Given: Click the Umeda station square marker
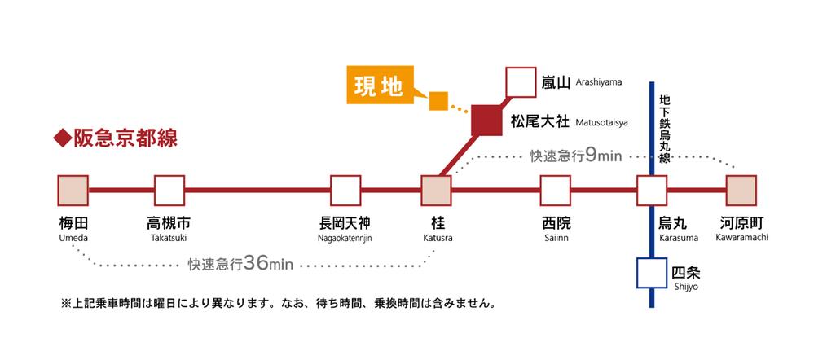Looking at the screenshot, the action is (x=73, y=191).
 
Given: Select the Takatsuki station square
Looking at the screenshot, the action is (x=169, y=191).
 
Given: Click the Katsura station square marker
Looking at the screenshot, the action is (x=436, y=191).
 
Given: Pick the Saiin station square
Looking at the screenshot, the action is (x=556, y=191).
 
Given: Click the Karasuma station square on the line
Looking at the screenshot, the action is (x=652, y=191).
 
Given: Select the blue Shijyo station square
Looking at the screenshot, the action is (x=652, y=274).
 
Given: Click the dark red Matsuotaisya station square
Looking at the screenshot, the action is (x=486, y=121).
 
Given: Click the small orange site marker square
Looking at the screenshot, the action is (x=438, y=101).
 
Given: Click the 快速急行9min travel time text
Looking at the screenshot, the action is (x=575, y=156).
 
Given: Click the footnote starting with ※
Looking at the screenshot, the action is (x=277, y=303).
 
